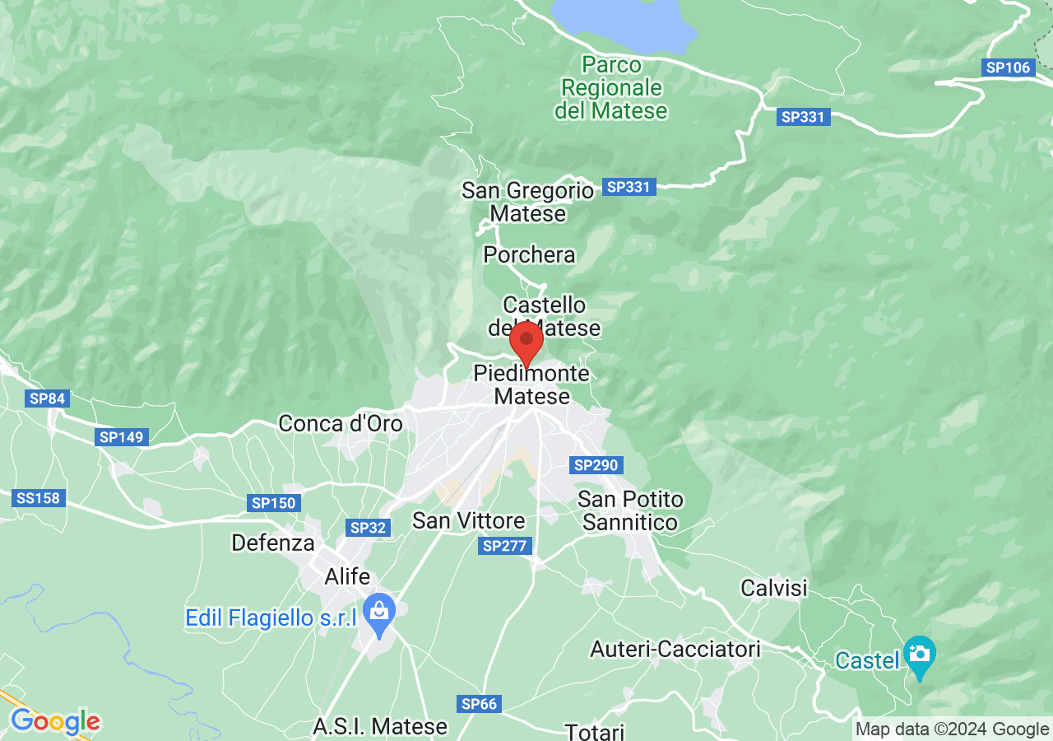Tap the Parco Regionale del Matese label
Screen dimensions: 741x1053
(611, 87)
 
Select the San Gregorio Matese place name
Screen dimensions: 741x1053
(527, 203)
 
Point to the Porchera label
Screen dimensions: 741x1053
(529, 254)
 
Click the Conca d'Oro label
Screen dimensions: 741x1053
(341, 423)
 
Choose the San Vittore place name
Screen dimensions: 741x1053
(468, 520)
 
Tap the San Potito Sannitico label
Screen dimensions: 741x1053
(630, 510)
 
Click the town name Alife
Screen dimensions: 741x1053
(347, 576)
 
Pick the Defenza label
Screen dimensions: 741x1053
(273, 543)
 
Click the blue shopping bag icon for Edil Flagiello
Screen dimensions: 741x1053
(379, 612)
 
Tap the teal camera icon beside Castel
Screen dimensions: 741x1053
(919, 654)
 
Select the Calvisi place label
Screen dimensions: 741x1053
(774, 588)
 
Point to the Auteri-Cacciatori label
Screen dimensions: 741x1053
(675, 649)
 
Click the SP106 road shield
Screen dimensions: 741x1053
(1008, 68)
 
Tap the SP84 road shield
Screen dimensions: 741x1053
(47, 398)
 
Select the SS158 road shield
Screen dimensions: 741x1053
(38, 498)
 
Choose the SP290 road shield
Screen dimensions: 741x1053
(596, 465)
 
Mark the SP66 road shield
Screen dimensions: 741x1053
(479, 703)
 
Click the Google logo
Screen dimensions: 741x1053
(55, 722)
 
